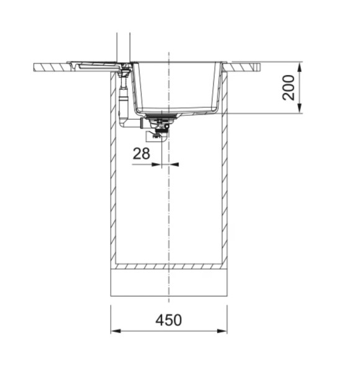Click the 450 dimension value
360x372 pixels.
tap(168, 320)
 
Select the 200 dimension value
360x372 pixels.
tap(288, 87)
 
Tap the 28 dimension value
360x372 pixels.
tap(142, 153)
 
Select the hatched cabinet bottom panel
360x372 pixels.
tap(169, 267)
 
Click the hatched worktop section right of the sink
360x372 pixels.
tap(245, 65)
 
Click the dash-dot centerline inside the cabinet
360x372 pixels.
tap(169, 205)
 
